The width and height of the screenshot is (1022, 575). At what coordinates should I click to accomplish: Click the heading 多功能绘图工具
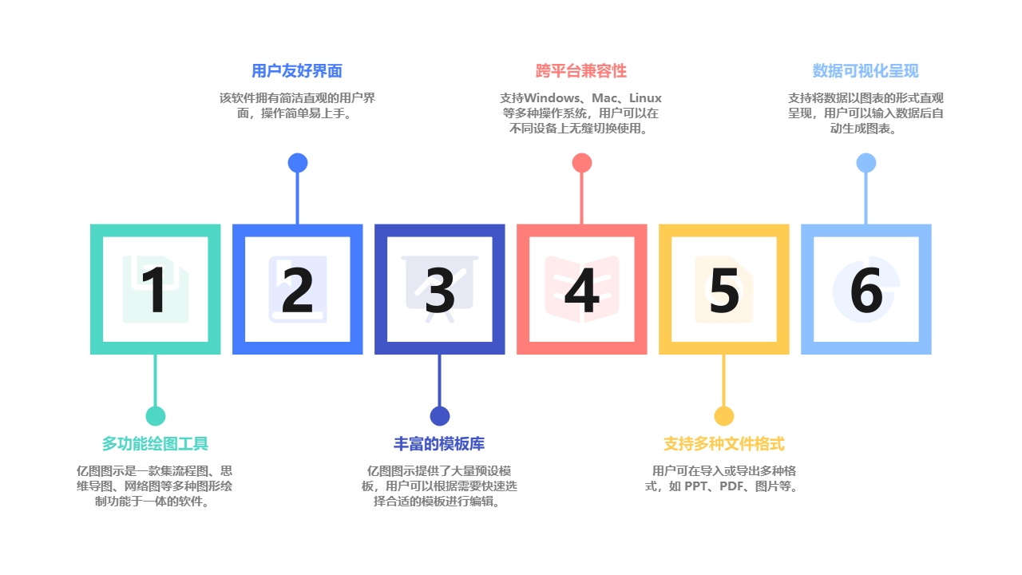[x=155, y=444]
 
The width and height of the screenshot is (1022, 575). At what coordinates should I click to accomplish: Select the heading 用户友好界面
[x=297, y=71]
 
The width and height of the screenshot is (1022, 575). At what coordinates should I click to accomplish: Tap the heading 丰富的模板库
[x=439, y=444]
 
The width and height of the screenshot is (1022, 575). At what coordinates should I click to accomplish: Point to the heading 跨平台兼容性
[x=581, y=71]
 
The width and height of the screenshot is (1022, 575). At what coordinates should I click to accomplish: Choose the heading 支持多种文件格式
[x=723, y=444]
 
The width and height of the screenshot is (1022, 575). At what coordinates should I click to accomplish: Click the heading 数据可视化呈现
[x=866, y=71]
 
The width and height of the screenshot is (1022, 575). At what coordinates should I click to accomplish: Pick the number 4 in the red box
[x=582, y=290]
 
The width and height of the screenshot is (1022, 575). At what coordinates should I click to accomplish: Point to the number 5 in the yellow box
[x=724, y=290]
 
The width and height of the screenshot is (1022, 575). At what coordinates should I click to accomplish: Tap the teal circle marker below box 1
[x=156, y=416]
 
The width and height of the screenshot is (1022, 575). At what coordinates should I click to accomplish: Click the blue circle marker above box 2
[x=298, y=163]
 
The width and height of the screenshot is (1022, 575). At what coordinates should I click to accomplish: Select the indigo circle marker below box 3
[x=440, y=416]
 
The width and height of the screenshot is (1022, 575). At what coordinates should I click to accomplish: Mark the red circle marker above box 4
[x=582, y=163]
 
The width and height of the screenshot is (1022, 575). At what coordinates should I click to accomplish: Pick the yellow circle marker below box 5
[x=724, y=416]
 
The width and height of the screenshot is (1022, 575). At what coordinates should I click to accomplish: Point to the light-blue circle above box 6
[x=866, y=163]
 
